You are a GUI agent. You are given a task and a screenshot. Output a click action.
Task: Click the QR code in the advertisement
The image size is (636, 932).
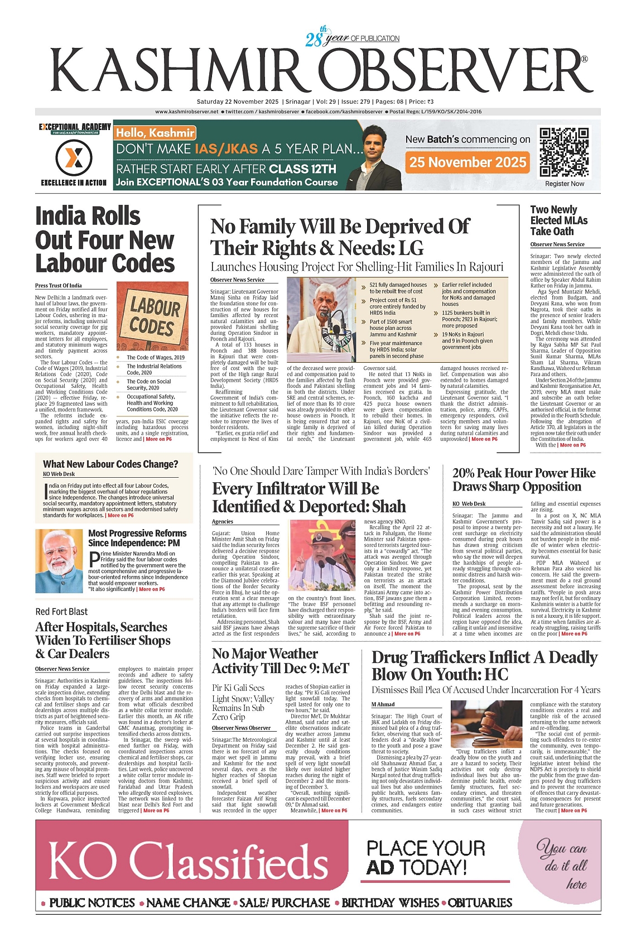pos(565,152)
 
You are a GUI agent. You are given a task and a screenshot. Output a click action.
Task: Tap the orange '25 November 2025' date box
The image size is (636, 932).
pos(468,162)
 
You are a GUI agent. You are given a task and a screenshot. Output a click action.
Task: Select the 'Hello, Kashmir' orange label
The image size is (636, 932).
pos(155,133)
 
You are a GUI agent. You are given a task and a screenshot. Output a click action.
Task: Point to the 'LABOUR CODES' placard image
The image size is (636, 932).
pos(152,316)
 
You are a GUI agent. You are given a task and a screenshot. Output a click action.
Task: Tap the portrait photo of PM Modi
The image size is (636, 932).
pos(59,561)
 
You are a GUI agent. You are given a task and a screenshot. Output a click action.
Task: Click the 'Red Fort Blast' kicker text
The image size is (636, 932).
pos(61,612)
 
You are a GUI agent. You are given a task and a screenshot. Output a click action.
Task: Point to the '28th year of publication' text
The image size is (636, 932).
pos(352,38)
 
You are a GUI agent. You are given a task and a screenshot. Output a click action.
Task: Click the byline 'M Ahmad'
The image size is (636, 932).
pos(383,704)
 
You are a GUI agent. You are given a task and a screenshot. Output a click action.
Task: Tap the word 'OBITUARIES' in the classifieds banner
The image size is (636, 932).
pos(480,902)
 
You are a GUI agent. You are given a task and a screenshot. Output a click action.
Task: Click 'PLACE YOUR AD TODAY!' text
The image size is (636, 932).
pos(425,858)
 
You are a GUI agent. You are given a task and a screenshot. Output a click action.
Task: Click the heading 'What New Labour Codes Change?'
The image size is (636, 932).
pos(110,464)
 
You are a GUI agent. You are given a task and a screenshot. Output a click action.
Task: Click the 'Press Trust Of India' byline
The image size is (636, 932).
pos(58,286)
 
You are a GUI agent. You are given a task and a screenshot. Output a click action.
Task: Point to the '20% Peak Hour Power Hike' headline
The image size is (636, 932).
pos(524,473)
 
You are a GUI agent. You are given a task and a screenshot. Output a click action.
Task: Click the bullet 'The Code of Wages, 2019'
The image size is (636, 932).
pos(155,357)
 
